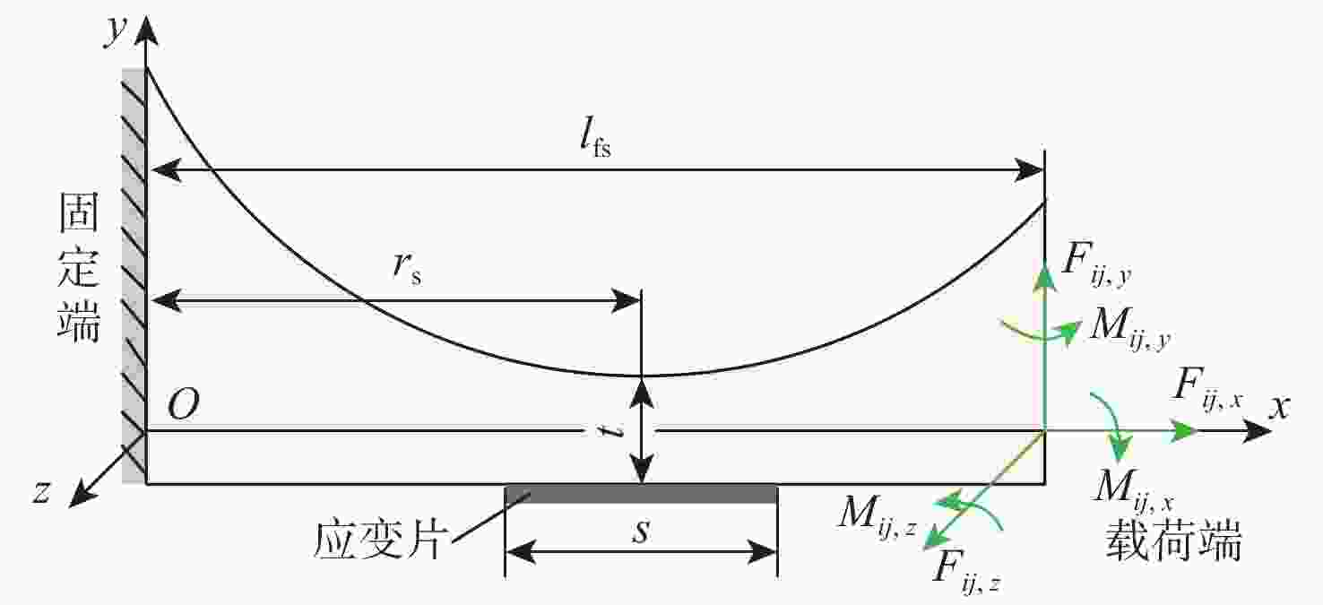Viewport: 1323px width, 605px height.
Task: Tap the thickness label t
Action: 610,431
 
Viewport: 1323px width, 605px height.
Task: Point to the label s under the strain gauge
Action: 640,531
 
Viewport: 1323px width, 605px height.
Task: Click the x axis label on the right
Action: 1279,407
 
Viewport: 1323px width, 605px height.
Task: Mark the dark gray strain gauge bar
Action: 641,494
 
